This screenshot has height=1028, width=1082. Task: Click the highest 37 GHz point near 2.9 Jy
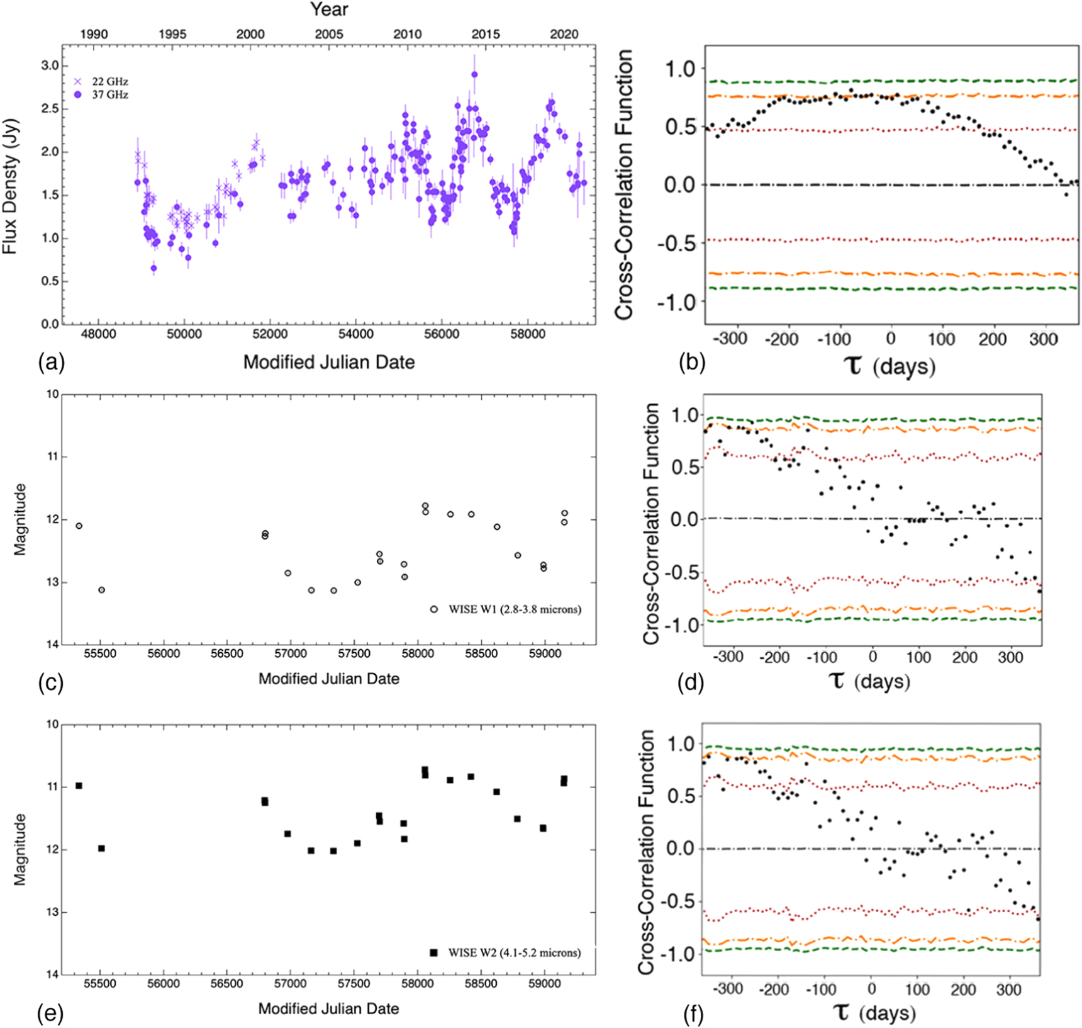tap(474, 74)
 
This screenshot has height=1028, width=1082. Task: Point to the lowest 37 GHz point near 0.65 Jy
tap(154, 268)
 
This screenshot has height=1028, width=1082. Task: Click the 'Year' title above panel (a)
tap(329, 9)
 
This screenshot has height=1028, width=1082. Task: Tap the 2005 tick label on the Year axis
tap(329, 34)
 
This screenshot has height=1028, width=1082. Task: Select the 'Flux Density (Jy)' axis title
tap(10, 187)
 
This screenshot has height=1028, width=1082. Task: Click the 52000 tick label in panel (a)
tap(270, 334)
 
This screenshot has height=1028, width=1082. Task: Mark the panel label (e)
tap(50, 1014)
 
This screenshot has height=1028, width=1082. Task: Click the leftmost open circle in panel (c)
tap(79, 526)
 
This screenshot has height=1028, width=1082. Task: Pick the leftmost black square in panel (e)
tap(79, 785)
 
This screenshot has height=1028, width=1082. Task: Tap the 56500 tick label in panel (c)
tap(226, 653)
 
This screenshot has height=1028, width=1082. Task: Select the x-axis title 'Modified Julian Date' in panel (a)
tap(329, 362)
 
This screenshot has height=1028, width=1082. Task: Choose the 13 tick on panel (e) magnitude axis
tap(53, 912)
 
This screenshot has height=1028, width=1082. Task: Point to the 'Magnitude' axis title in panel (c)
tap(21, 519)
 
